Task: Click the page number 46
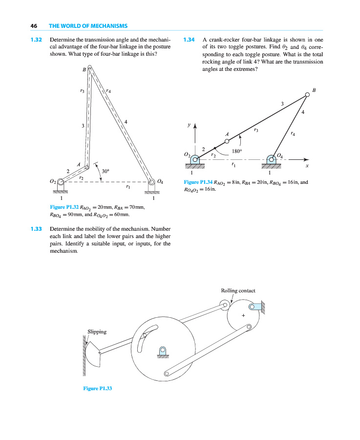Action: click(34, 25)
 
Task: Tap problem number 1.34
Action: click(189, 39)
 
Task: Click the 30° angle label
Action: click(106, 171)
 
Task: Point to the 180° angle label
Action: click(237, 151)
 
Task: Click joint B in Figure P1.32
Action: click(90, 68)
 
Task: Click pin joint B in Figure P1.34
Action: click(307, 95)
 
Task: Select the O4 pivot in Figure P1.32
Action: click(151, 181)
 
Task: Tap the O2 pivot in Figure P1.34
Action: click(194, 159)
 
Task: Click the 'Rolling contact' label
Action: click(238, 290)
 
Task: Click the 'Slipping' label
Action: click(97, 332)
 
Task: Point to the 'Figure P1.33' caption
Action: click(98, 389)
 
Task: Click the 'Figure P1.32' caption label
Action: click(64, 207)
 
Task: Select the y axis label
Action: click(190, 125)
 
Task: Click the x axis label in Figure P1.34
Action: click(307, 166)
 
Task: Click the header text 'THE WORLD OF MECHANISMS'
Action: click(88, 25)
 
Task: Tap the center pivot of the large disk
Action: click(163, 350)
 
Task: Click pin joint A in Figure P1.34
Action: click(227, 141)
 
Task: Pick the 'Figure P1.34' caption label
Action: click(198, 182)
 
